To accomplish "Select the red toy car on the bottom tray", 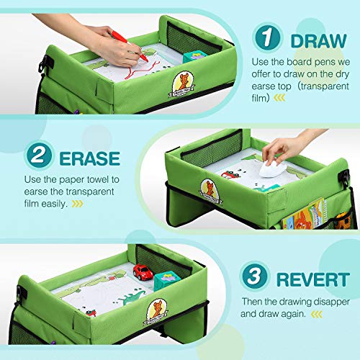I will (143, 272).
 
